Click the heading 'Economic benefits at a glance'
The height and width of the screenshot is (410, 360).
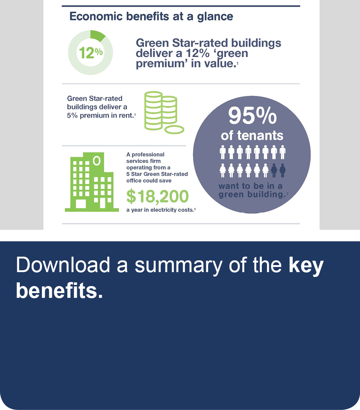151,17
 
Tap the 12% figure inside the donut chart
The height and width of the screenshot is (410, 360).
91,53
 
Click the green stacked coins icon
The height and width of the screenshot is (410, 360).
164,113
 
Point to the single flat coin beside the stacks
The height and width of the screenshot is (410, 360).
174,129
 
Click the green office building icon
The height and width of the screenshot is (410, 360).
92,182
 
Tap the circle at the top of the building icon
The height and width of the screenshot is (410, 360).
97,161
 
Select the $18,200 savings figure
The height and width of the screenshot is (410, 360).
157,197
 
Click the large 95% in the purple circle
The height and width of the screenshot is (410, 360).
252,115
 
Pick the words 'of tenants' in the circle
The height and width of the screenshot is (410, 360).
252,135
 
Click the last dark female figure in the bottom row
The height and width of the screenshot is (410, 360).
282,171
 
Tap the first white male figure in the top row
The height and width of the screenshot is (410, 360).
223,152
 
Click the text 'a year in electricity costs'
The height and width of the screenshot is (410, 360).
160,210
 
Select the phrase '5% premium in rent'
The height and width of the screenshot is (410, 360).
100,115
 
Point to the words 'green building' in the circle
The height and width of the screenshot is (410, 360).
252,195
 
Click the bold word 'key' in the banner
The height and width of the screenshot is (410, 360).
306,265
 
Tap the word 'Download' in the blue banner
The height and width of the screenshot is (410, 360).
63,265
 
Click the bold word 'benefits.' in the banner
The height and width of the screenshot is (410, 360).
59,290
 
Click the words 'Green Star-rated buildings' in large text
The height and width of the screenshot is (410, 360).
208,43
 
